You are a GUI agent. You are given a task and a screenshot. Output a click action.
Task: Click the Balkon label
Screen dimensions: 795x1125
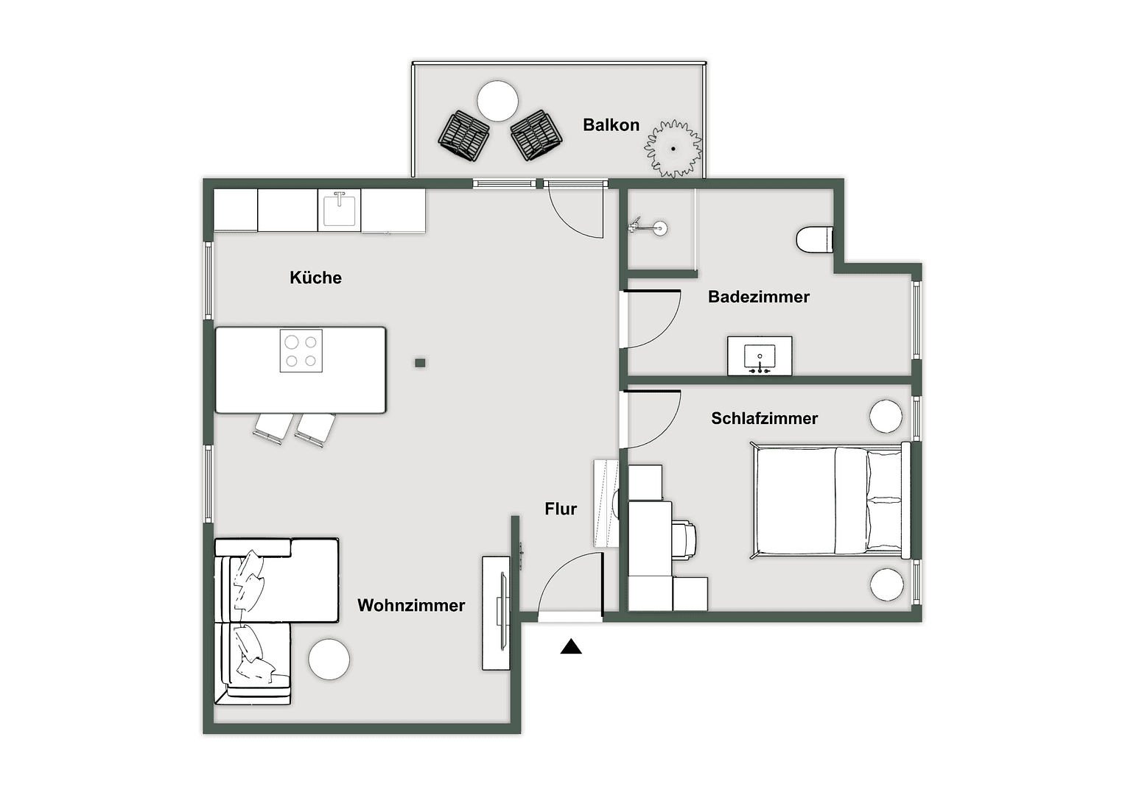611,125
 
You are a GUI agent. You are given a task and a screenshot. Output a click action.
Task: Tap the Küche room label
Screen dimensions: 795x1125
315,278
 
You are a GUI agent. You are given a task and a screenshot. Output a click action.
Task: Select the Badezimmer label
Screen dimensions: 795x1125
758,297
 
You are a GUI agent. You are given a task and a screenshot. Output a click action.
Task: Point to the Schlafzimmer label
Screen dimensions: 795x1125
764,418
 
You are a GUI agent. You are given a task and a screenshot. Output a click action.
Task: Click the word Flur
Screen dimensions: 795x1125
561,509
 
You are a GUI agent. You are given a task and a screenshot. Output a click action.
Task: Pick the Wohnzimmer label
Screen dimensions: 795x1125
411,605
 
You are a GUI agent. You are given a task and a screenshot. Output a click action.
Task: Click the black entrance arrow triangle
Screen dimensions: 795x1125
571,647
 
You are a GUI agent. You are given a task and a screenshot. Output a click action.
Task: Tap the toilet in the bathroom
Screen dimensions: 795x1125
815,239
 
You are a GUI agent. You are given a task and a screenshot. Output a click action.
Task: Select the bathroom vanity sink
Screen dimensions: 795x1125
760,357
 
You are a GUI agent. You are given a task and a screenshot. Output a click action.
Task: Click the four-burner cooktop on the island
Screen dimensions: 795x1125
301,350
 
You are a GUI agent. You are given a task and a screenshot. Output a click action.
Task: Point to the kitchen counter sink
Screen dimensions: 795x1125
340,210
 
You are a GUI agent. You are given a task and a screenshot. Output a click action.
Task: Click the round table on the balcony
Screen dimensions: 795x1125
498,101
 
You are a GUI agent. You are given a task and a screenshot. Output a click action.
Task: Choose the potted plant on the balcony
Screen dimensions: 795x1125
673,149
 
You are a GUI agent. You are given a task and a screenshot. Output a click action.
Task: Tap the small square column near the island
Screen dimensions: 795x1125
420,363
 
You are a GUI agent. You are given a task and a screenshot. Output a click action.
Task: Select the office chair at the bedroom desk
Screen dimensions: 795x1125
684,540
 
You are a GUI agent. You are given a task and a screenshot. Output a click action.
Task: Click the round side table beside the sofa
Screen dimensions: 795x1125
329,660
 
